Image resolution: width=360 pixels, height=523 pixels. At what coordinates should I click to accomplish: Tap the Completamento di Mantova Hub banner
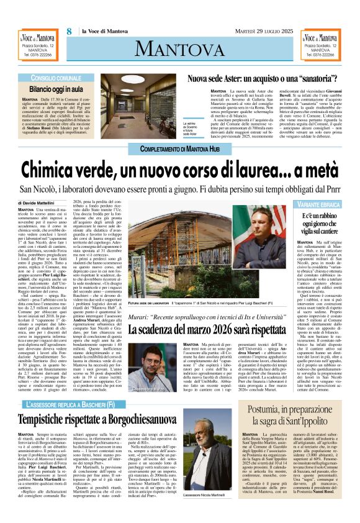tap(179, 149)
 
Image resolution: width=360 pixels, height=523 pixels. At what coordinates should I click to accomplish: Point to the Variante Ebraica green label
tap(320, 204)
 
